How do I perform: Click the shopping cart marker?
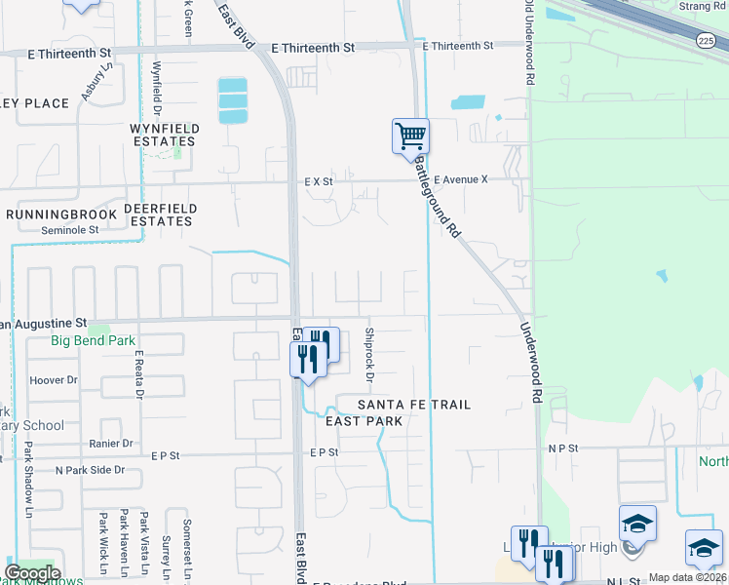coord(411,136)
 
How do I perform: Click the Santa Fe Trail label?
coord(414,405)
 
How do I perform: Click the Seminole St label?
coord(69,230)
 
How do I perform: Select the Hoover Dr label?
coord(55,380)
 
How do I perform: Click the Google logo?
coord(32,572)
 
